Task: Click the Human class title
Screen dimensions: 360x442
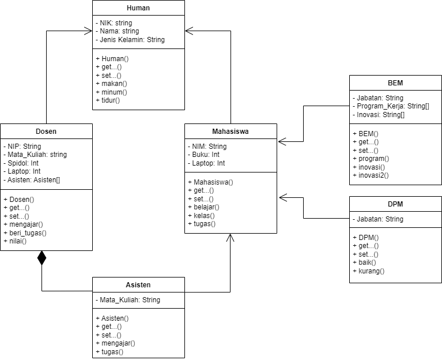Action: [x=138, y=8]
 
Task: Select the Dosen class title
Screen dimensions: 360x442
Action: [x=46, y=132]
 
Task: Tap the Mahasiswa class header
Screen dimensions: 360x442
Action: [x=231, y=132]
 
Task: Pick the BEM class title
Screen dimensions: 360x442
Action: [x=395, y=83]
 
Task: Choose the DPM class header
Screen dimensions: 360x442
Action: [x=395, y=204]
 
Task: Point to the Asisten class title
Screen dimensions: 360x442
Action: [x=138, y=285]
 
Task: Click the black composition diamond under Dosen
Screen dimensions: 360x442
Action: [x=41, y=258]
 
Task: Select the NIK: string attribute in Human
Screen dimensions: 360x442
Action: [x=115, y=23]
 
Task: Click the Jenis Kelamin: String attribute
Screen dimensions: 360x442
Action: [x=132, y=40]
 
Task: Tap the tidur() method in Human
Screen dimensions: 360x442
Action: [x=110, y=100]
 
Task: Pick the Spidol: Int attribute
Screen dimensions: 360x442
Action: [x=24, y=163]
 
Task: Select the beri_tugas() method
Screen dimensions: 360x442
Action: [x=27, y=233]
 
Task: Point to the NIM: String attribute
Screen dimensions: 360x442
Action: [x=209, y=147]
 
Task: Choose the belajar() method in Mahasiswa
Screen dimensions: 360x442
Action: [x=206, y=207]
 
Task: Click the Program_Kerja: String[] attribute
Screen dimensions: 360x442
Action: [x=393, y=106]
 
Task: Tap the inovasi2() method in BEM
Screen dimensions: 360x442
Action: [x=373, y=174]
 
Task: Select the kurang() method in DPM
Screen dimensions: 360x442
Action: [x=371, y=271]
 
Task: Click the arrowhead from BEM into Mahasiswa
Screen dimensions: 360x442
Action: [x=282, y=141]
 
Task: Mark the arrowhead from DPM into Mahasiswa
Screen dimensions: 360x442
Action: [x=282, y=198]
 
